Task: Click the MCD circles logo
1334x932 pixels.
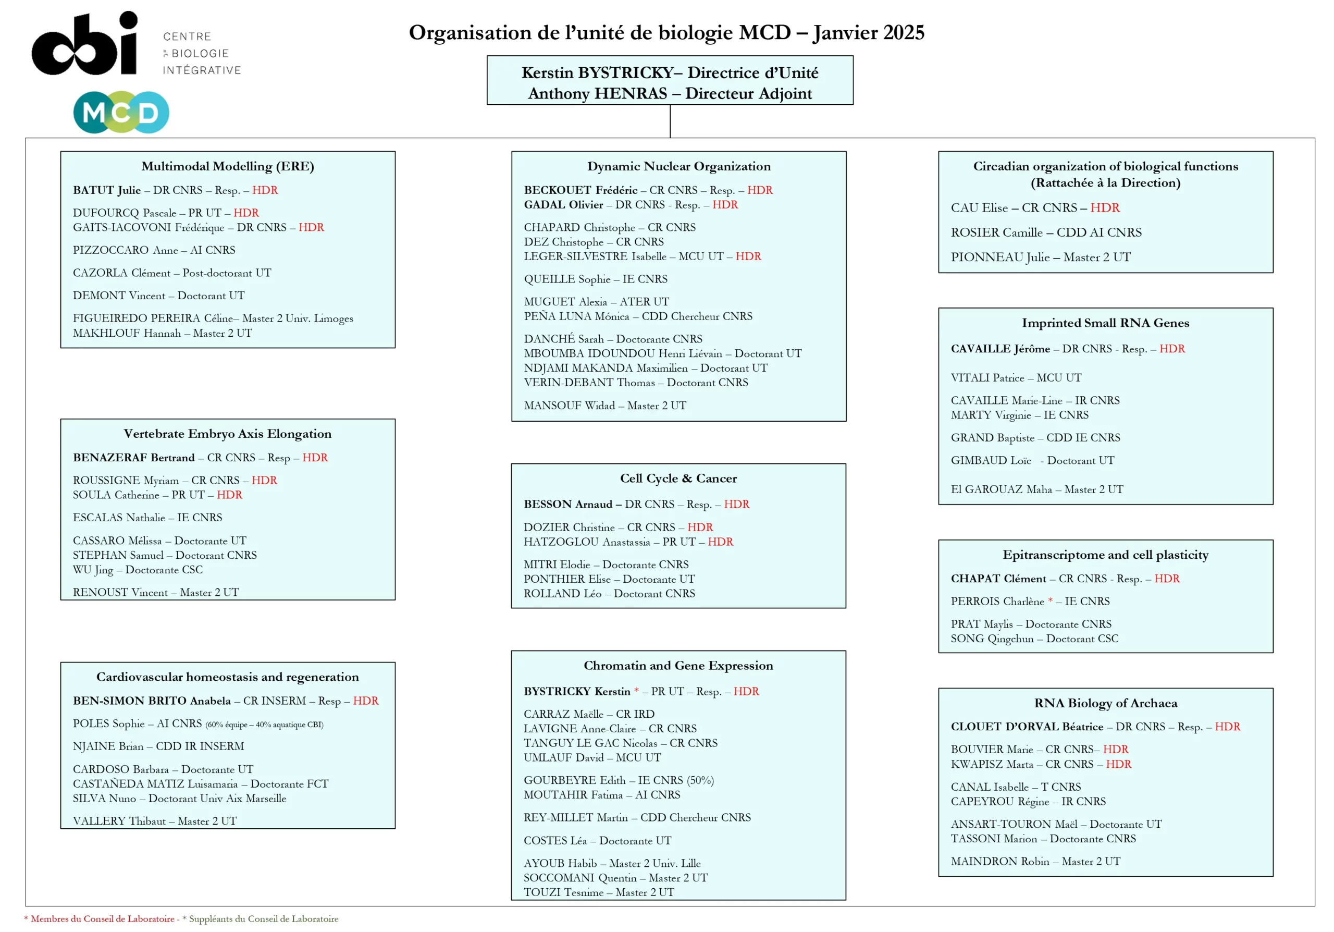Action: coord(121,112)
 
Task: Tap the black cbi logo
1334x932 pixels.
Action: coord(85,44)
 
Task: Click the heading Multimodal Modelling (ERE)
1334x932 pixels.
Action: coord(228,166)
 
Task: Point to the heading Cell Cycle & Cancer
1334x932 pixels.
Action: coord(678,478)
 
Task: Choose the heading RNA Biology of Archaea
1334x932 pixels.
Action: coord(1105,703)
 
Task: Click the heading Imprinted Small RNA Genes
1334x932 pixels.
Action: coord(1105,323)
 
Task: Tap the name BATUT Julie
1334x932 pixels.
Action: coord(107,190)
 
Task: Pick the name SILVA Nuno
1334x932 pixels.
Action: coord(104,799)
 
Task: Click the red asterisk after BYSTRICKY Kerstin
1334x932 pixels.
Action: coord(636,690)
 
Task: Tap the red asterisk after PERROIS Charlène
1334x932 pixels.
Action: coord(1050,600)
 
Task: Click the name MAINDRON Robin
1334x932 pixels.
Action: coord(999,862)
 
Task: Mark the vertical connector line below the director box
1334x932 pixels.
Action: coord(670,121)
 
